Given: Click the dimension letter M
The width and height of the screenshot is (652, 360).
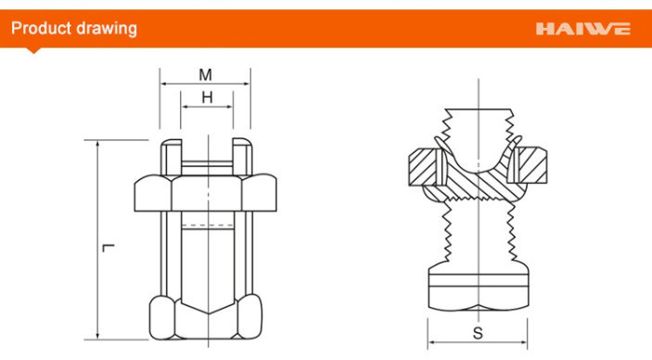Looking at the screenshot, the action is click(205, 75).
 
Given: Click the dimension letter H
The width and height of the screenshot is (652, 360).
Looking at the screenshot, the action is click(207, 97).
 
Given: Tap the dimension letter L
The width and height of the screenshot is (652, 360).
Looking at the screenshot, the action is click(109, 248).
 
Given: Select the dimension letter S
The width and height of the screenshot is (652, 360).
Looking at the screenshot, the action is click(479, 333).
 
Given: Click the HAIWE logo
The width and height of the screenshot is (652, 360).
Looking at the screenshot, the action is click(583, 29).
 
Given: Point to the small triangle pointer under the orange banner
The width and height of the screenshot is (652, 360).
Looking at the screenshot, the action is click(33, 50).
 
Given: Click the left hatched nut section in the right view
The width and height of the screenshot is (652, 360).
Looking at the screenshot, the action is click(423, 167).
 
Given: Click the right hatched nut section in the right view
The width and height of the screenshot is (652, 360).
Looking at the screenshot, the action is click(532, 166).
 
